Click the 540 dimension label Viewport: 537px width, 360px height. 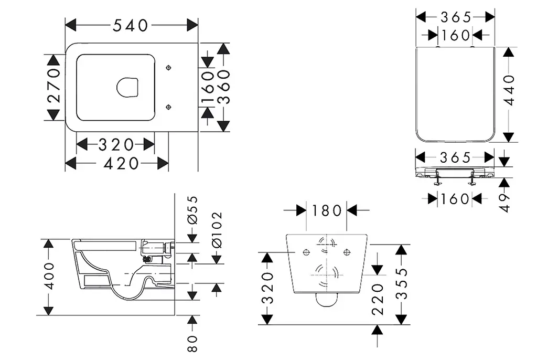tap(131, 25)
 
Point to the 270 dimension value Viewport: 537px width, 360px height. tap(54, 86)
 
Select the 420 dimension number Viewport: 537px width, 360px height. tap(121, 164)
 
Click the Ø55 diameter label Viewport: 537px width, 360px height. tap(192, 210)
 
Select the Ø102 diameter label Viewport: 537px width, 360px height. tap(217, 230)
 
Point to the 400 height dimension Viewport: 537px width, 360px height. tap(49, 277)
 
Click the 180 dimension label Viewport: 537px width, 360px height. tap(326, 210)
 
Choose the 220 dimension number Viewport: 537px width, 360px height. tap(378, 299)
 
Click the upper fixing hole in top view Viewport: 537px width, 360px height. tap(168, 68)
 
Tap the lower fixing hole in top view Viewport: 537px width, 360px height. tap(168, 107)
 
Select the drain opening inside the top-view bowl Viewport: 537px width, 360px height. tap(127, 88)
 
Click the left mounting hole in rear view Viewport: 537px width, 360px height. tap(306, 253)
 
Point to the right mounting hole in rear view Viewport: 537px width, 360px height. tap(347, 253)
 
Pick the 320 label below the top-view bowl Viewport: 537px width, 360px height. tap(116, 145)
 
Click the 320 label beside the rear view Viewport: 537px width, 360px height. tap(268, 288)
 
